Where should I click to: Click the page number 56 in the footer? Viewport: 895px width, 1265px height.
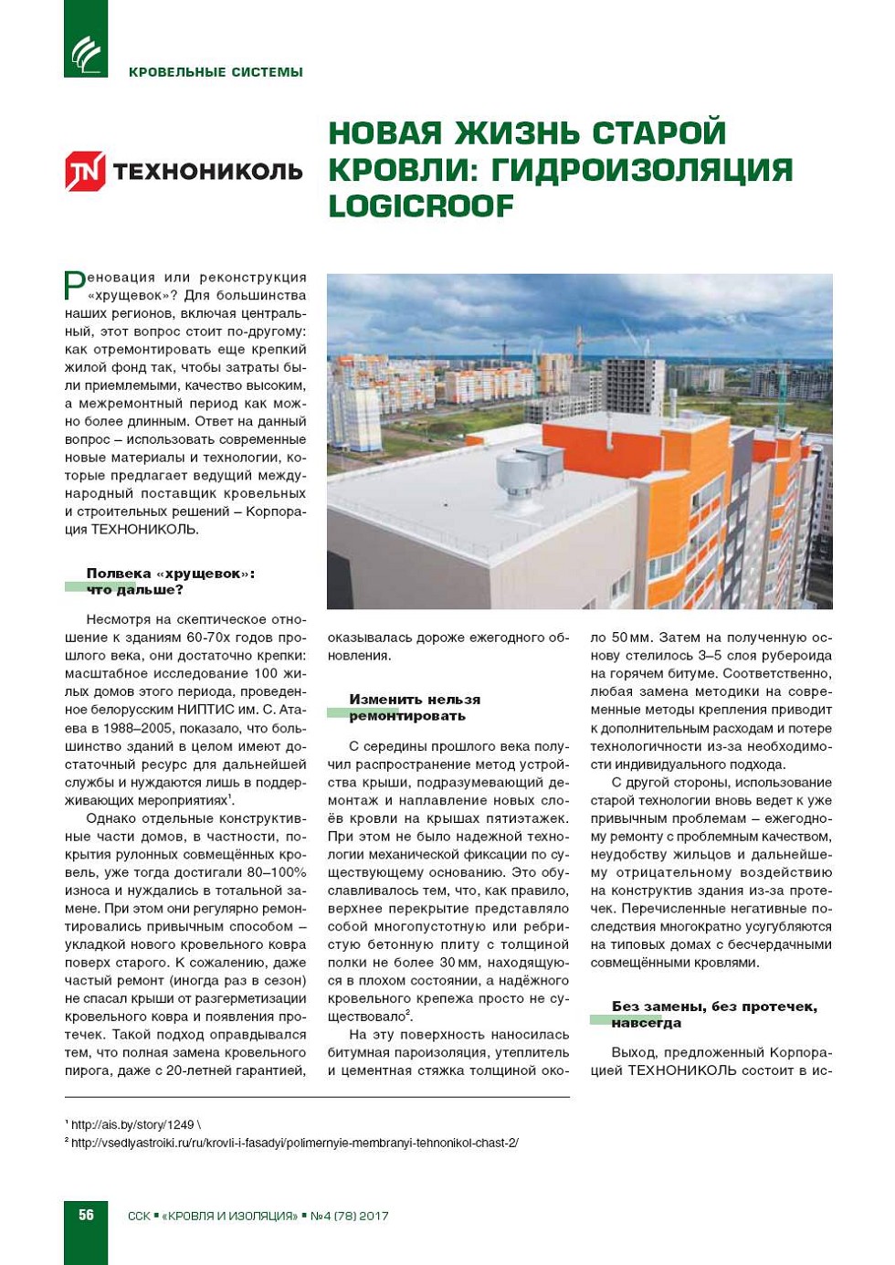tap(86, 1215)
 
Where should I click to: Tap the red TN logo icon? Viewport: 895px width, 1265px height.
tap(85, 171)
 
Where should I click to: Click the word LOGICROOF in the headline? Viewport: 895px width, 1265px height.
tap(421, 206)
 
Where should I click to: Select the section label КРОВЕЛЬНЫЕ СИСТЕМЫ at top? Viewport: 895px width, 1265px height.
tap(216, 72)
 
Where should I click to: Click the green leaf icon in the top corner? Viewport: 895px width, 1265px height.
tap(86, 53)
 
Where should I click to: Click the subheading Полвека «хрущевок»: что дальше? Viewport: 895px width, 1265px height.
tap(171, 581)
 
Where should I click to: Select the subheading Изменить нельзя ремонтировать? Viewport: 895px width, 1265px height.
tap(415, 707)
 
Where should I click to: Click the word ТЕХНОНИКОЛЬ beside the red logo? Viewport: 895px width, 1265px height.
tap(207, 171)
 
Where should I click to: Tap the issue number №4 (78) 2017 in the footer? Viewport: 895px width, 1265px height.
tap(350, 1216)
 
